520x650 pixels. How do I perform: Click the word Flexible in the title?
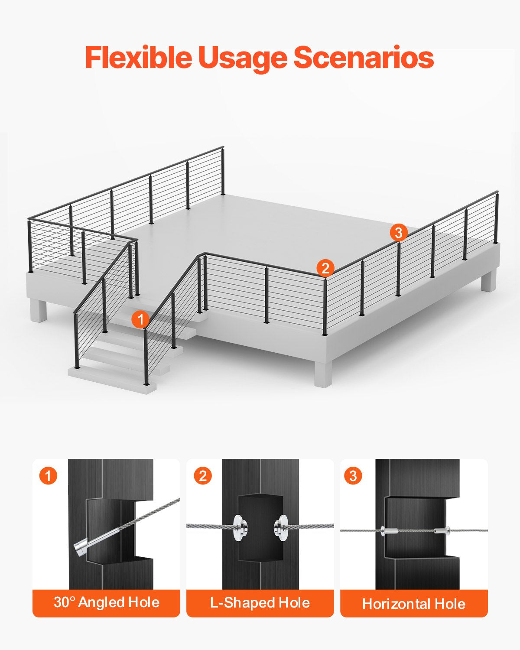coord(138,58)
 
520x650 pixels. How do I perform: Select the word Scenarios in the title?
coord(364,58)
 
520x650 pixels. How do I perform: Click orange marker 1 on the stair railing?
coord(140,320)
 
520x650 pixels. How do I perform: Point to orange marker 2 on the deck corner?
coord(325,268)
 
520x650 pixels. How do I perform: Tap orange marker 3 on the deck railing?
coord(398,233)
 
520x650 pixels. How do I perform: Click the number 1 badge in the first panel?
coord(48,476)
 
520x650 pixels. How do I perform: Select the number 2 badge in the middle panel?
coord(203,476)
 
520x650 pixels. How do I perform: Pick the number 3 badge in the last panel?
coord(353,476)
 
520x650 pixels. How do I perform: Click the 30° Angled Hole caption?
coord(106,602)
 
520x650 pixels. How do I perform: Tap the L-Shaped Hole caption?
coord(260,603)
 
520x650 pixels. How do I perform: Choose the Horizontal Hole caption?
coord(414,604)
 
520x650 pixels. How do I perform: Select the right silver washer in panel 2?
coord(281,527)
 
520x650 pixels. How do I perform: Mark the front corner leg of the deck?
coord(323,373)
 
